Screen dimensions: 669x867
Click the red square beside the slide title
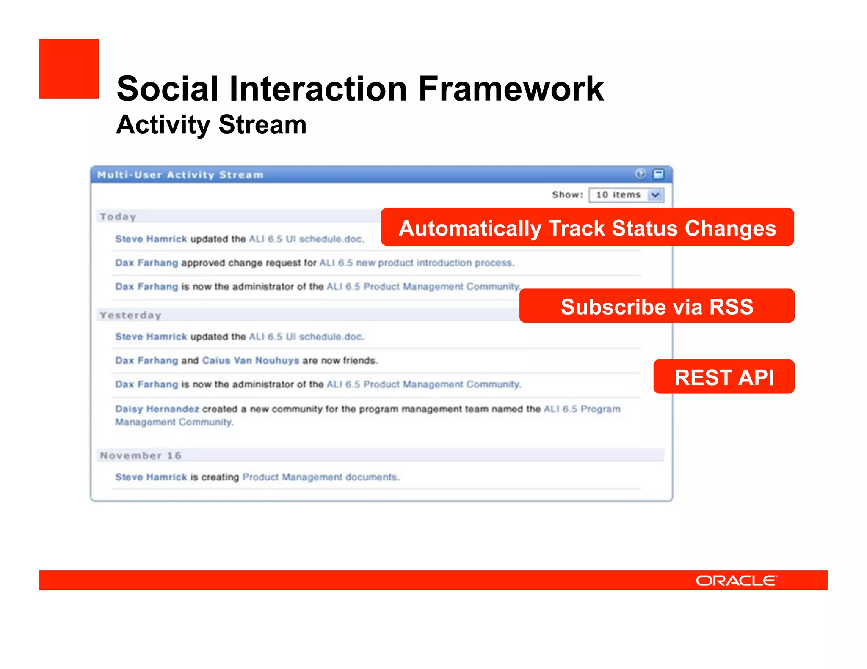click(x=69, y=69)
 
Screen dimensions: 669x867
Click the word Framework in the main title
click(x=511, y=89)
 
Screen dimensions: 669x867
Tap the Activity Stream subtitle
click(x=211, y=125)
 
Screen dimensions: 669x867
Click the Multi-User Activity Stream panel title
click(x=180, y=175)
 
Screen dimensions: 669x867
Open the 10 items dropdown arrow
click(x=655, y=195)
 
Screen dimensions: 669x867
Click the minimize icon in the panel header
click(x=659, y=174)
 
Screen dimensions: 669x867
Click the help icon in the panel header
click(x=641, y=174)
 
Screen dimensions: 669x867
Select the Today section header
click(x=118, y=217)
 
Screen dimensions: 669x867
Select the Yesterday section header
click(x=130, y=315)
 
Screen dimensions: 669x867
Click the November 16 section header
click(x=141, y=455)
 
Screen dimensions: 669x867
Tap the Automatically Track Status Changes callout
click(x=587, y=228)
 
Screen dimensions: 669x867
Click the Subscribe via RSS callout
click(x=657, y=306)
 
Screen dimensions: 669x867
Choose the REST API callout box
click(x=724, y=377)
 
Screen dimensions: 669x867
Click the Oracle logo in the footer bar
click(x=736, y=580)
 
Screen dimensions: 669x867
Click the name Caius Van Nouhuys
click(x=250, y=360)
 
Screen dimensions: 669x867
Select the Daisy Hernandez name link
click(x=157, y=409)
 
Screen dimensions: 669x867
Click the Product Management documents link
click(x=320, y=477)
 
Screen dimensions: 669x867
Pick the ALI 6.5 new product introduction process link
click(x=417, y=263)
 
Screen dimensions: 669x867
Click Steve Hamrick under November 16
click(x=151, y=477)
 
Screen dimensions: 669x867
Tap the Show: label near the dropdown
click(x=567, y=195)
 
